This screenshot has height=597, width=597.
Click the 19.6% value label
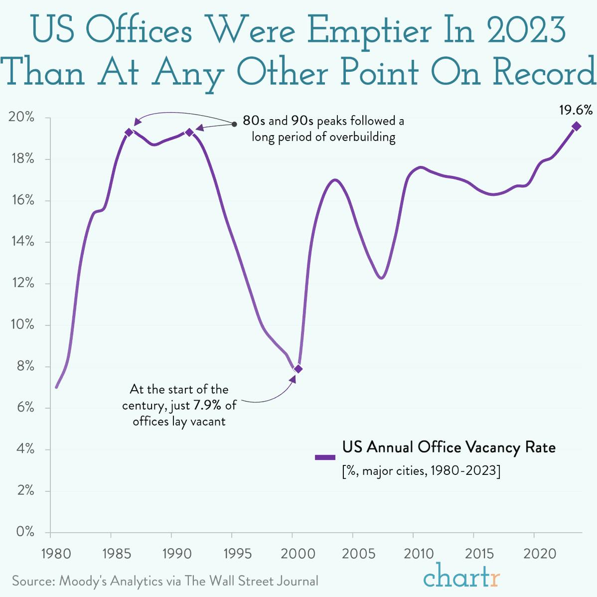click(576, 110)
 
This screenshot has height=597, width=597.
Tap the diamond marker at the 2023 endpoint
click(576, 126)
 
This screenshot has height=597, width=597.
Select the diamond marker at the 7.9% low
click(298, 369)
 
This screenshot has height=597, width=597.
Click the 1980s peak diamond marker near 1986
click(129, 132)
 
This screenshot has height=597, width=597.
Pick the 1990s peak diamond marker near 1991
click(189, 132)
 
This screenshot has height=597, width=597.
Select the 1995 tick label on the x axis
click(232, 554)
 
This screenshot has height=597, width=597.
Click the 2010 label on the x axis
click(413, 554)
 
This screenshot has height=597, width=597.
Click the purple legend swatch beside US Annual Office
click(325, 456)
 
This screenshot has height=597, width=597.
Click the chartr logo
click(461, 577)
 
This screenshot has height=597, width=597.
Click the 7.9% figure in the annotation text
click(207, 405)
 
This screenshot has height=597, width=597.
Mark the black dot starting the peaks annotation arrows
click(234, 124)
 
